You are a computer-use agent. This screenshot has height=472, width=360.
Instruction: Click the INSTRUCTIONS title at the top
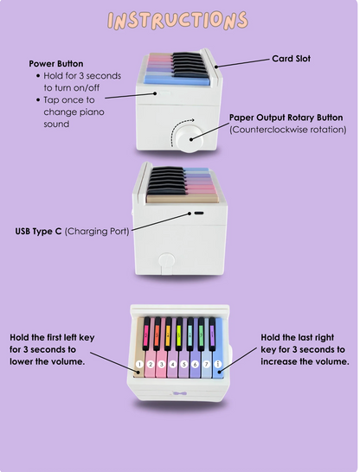(177, 21)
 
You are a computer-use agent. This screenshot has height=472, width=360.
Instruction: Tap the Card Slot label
(291, 59)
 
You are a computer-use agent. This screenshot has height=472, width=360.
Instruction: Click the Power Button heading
(56, 64)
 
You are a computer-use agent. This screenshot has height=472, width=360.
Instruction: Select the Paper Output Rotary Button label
(286, 118)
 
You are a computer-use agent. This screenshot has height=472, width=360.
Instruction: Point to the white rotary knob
(189, 139)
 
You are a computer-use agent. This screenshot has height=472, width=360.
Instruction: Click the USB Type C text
(38, 231)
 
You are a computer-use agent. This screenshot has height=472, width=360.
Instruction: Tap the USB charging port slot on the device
(198, 214)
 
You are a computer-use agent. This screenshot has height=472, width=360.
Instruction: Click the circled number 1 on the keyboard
(139, 364)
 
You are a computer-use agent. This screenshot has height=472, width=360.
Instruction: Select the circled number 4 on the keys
(172, 365)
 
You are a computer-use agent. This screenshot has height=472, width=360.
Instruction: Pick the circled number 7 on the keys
(206, 365)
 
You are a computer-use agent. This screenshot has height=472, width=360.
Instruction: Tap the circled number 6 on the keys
(196, 365)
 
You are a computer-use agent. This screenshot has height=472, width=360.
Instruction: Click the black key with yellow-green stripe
(179, 334)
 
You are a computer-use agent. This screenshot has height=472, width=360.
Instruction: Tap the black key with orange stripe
(157, 334)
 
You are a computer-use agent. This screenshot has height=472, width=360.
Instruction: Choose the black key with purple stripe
(212, 334)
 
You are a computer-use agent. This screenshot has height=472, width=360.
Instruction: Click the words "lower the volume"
(47, 361)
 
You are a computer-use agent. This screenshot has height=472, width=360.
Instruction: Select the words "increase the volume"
(305, 361)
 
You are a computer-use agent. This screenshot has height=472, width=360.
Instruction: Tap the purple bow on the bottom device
(178, 393)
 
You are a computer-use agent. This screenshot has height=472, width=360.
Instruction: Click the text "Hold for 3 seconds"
(82, 76)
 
